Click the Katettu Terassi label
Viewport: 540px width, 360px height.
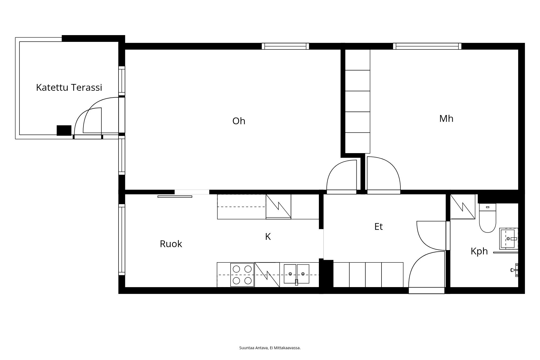(69, 88)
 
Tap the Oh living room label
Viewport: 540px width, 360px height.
(239, 121)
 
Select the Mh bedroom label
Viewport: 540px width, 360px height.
(446, 119)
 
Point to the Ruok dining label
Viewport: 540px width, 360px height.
(171, 244)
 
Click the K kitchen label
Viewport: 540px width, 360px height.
(268, 237)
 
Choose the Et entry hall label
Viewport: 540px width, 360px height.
(379, 227)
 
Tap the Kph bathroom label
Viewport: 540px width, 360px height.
(479, 251)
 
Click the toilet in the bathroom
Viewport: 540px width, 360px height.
(488, 218)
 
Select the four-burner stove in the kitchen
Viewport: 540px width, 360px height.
(242, 275)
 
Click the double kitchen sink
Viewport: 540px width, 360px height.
(296, 274)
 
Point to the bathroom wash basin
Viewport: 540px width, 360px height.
(509, 238)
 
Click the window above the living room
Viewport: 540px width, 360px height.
(285, 46)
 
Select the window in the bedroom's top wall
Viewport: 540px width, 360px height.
(427, 46)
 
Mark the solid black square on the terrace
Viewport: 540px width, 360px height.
(64, 130)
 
